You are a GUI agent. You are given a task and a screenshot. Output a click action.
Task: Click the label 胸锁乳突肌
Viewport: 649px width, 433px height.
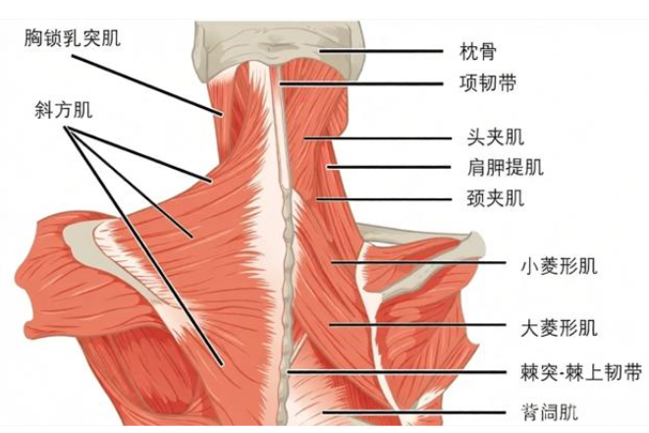pos(73,37)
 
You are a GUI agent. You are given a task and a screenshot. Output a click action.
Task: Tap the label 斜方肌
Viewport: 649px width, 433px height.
pos(63,110)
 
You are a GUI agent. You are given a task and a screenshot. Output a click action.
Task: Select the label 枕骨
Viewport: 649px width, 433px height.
pos(477,52)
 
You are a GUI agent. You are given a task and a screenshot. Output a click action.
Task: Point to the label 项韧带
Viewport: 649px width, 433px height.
pos(488,83)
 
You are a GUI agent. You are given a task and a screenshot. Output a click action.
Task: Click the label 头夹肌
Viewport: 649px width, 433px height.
pos(496,137)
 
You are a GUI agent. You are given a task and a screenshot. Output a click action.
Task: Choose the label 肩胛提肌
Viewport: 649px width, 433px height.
pos(505,167)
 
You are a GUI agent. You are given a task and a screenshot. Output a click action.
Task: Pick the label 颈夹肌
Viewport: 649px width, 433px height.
pos(496,198)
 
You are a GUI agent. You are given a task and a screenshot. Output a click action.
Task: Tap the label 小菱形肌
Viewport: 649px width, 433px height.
pos(559,266)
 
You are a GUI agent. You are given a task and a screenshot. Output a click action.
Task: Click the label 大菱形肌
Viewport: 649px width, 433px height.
pos(559,328)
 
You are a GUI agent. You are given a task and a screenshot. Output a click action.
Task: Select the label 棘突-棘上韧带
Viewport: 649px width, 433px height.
pos(581,372)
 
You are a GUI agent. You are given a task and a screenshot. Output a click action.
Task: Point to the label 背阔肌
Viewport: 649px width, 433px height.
pos(549,412)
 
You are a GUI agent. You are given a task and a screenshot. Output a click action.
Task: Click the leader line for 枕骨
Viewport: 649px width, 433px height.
pos(381,51)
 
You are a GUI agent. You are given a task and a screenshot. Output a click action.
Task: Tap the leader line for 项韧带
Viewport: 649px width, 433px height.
pos(361,83)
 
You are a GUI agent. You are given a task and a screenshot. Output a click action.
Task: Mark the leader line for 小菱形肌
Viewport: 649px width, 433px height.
pos(418,262)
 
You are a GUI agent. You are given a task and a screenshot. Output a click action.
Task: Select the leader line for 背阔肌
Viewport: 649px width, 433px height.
pos(414,412)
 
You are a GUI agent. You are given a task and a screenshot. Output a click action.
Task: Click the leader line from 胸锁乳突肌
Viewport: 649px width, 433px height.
pos(147,84)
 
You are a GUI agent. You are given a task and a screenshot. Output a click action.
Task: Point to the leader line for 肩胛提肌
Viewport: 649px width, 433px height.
pos(389,167)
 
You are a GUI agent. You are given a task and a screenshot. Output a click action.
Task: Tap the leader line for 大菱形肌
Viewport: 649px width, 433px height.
pos(417,325)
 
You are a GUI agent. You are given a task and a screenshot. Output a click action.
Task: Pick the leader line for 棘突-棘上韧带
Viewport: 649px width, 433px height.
pos(397,372)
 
